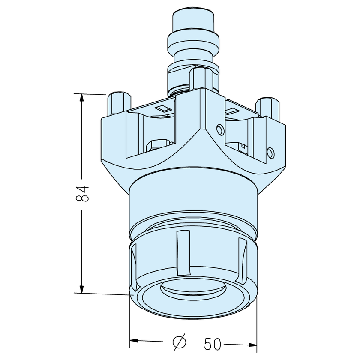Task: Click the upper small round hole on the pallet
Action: (220, 129)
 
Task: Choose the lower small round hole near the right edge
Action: (270, 152)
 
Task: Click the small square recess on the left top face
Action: (163, 109)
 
